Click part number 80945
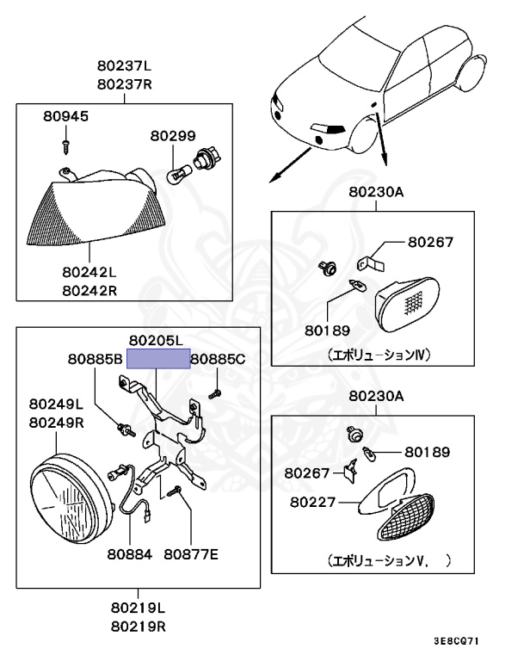[x=65, y=116]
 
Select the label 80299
[x=173, y=135]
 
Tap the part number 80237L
[x=125, y=66]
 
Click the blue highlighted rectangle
[x=158, y=358]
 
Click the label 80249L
[x=56, y=404]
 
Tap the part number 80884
[x=131, y=554]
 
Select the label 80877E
[x=191, y=554]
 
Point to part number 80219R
[x=136, y=627]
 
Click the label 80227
[x=308, y=499]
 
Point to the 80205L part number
[x=156, y=341]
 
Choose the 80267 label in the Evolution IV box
[x=430, y=244]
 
